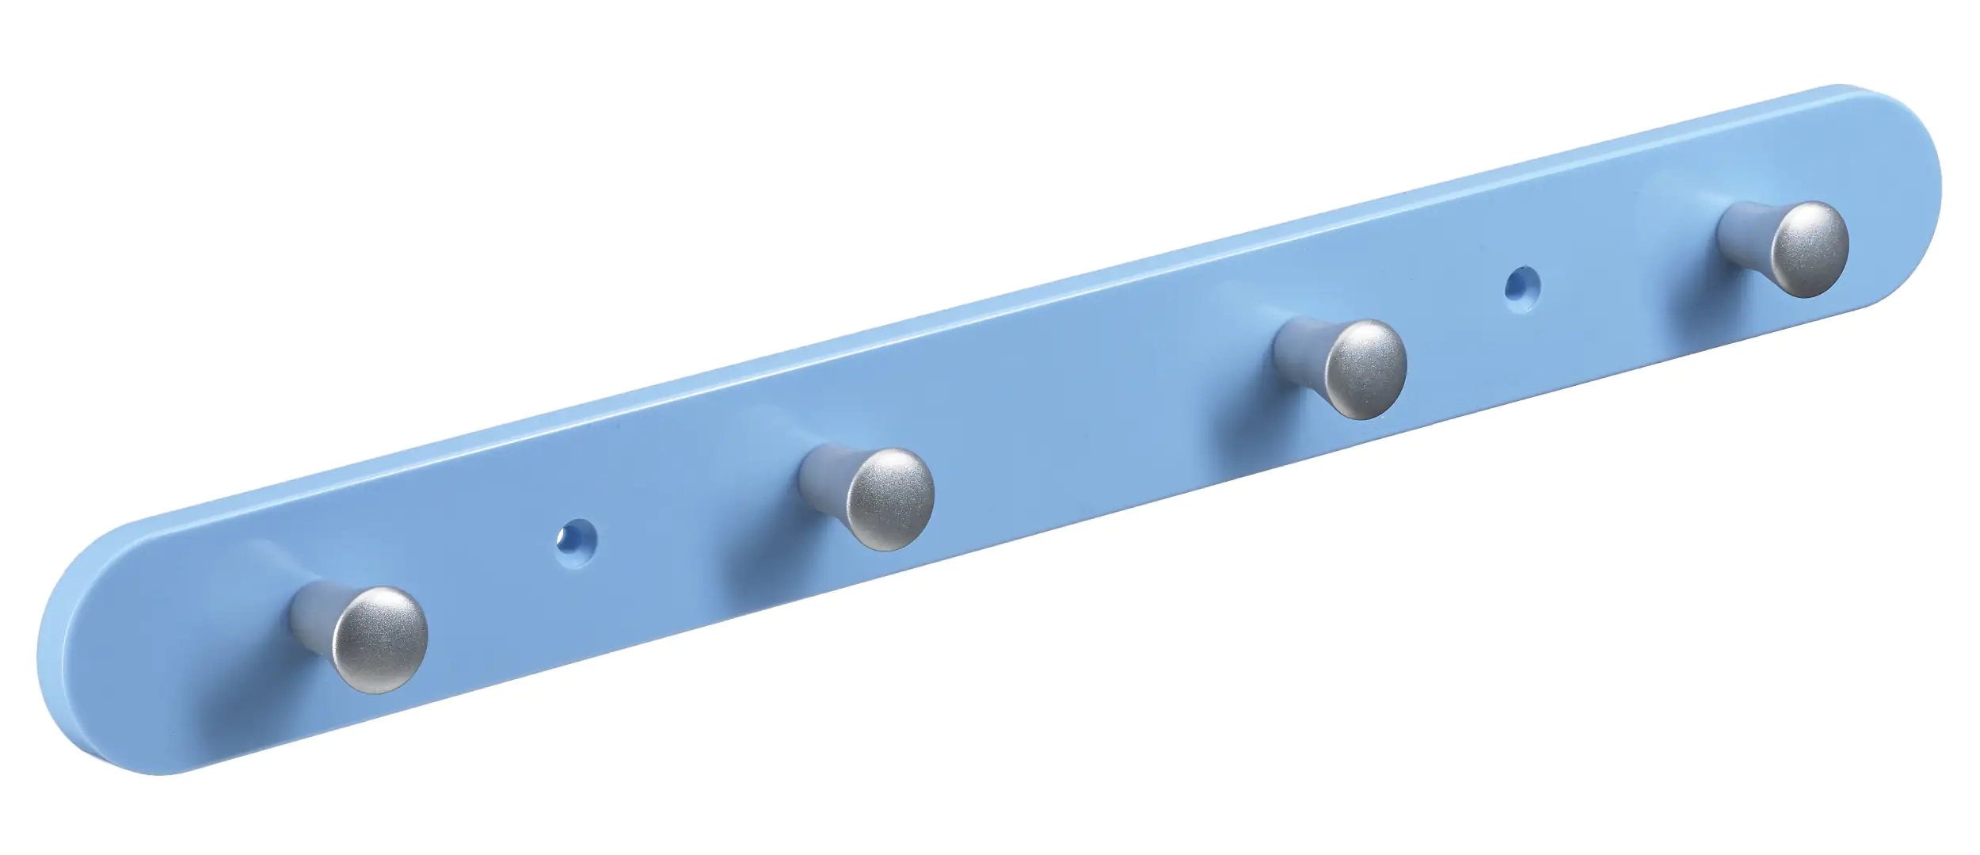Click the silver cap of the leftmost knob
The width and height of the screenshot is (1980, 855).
click(x=379, y=639)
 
